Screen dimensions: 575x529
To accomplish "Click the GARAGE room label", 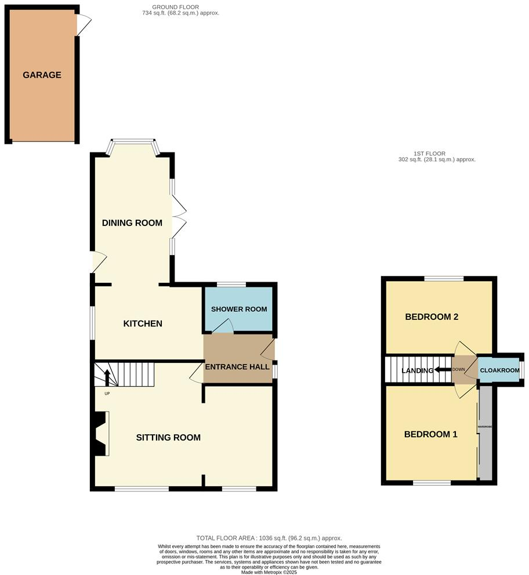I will [x=42, y=75].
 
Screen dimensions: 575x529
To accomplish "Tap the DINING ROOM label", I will [x=132, y=223].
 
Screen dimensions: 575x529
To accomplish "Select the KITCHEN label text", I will [x=143, y=323].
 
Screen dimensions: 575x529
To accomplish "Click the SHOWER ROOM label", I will [x=238, y=309].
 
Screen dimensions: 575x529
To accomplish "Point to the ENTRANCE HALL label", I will [x=238, y=367].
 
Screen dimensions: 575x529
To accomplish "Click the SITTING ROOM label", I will [x=168, y=438].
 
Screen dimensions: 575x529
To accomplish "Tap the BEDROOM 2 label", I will [x=432, y=317].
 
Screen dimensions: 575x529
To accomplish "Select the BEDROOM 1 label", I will [x=431, y=434].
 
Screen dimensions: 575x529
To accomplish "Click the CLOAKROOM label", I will [x=498, y=370].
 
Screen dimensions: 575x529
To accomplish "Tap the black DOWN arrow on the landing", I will [x=444, y=370].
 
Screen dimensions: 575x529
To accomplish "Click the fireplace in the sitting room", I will [x=101, y=434].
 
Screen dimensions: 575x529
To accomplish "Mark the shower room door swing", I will [x=222, y=327].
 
